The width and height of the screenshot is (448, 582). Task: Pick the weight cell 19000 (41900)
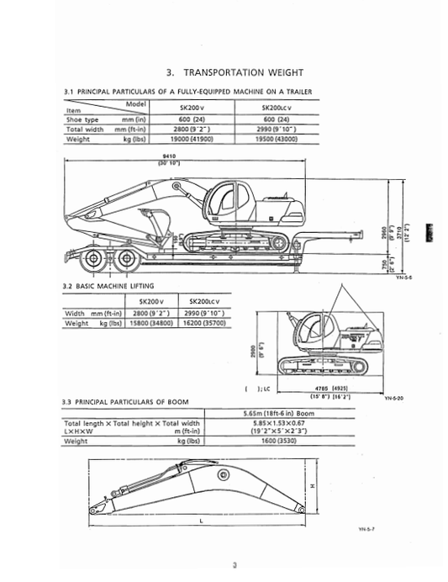click(198, 140)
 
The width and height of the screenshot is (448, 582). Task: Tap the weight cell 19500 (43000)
click(284, 140)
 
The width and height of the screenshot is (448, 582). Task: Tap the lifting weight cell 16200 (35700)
click(206, 323)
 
